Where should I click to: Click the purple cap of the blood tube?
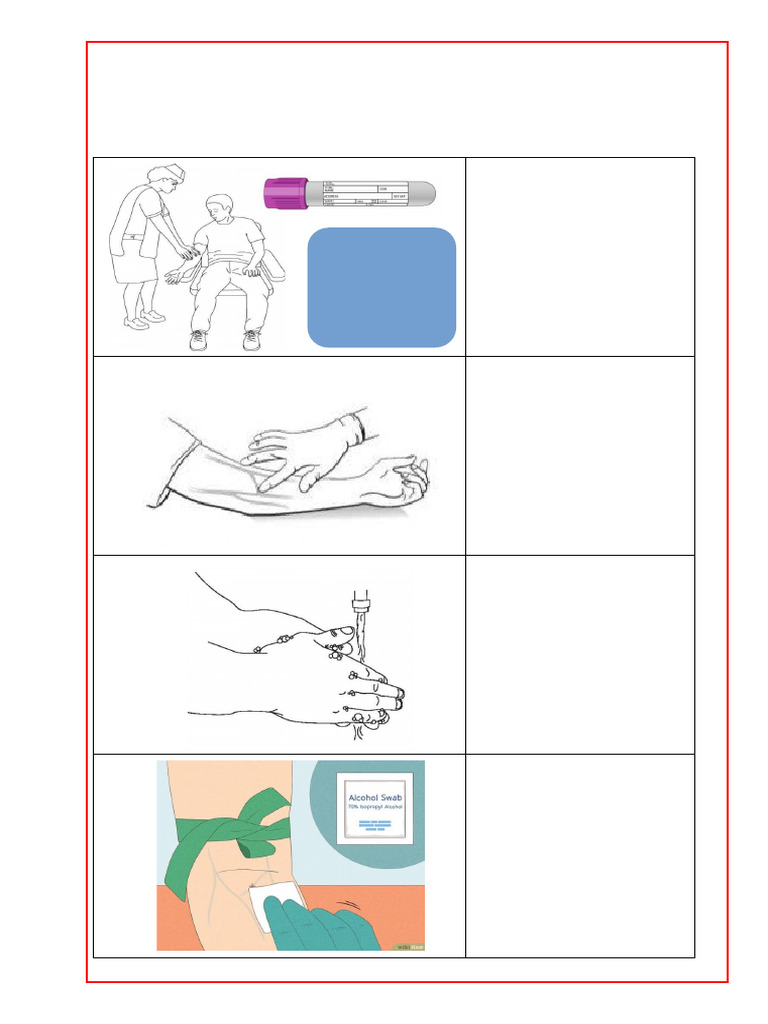[x=285, y=193]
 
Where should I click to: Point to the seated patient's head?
[x=218, y=210]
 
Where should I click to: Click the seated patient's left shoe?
[x=252, y=341]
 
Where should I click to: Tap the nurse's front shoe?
[x=154, y=316]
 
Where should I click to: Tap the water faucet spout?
[x=363, y=604]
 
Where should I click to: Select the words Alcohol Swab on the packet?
[x=375, y=786]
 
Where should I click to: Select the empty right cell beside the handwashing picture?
[x=580, y=654]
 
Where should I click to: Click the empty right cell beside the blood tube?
[x=580, y=256]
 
